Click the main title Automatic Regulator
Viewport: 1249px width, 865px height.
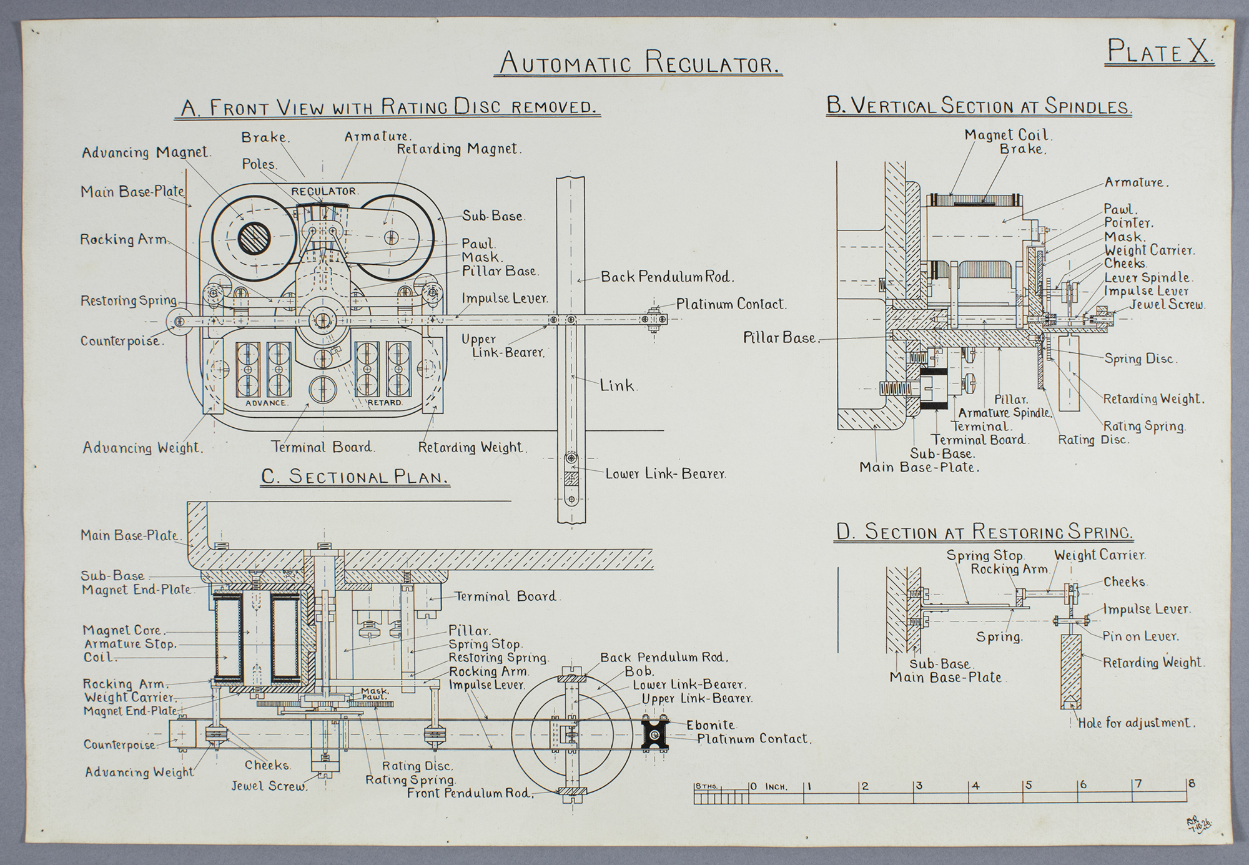[638, 63]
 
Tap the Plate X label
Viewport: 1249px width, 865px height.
[1160, 52]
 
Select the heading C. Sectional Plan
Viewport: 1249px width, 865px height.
[355, 477]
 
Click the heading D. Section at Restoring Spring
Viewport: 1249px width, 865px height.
[984, 532]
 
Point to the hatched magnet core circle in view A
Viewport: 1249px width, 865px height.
[254, 238]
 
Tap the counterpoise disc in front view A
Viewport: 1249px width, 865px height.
[179, 321]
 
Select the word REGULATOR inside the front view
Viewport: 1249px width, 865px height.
[323, 191]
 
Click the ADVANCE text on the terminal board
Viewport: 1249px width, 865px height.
[265, 403]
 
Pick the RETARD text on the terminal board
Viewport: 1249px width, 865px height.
[385, 403]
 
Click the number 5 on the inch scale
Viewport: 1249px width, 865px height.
[1028, 785]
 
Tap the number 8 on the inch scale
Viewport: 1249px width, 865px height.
[1192, 783]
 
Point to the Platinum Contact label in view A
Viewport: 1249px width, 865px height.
[731, 304]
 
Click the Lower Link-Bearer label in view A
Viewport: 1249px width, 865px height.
[665, 473]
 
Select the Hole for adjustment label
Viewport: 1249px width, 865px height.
[1137, 723]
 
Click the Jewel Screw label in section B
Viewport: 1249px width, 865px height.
[1167, 305]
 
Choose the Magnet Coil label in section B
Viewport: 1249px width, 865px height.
[1007, 135]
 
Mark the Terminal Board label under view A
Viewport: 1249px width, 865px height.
[322, 447]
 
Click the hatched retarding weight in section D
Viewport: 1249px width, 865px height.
[1071, 670]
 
